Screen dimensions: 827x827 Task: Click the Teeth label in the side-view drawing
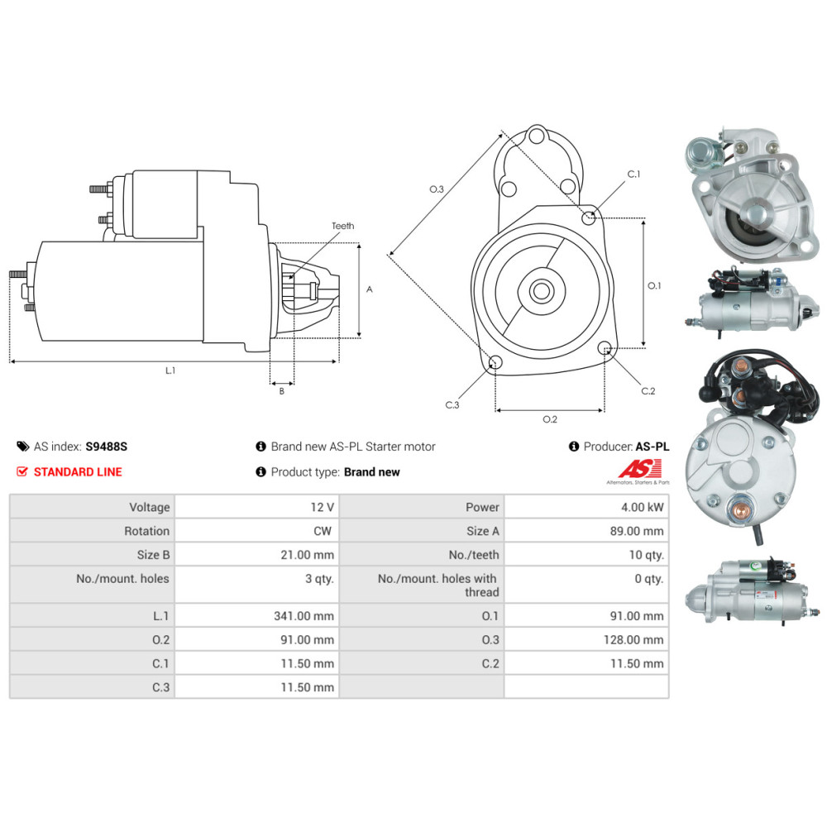click(342, 226)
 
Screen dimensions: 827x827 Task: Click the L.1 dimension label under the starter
click(170, 370)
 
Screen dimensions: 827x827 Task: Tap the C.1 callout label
click(633, 174)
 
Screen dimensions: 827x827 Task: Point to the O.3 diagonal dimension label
click(437, 189)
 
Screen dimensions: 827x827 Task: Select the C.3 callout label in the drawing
click(452, 405)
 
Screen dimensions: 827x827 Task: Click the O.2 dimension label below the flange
click(549, 419)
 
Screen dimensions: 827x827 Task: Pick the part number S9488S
click(107, 447)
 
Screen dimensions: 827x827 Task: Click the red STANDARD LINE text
click(78, 472)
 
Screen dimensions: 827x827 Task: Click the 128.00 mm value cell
click(635, 639)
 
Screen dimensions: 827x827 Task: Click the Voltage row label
click(150, 507)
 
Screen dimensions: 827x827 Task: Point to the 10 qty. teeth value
click(647, 555)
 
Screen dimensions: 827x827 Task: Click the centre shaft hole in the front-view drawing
click(543, 291)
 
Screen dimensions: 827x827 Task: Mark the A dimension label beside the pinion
click(370, 289)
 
